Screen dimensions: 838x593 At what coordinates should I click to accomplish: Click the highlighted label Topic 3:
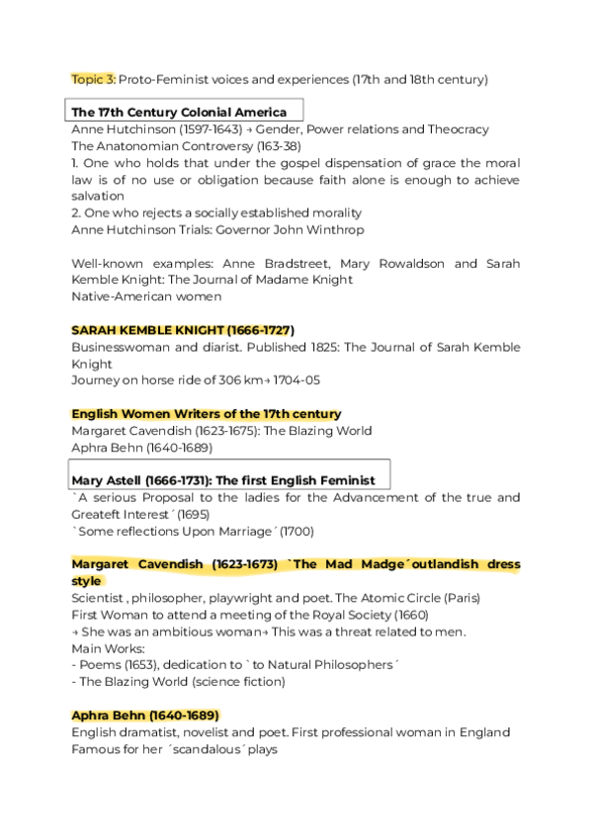click(93, 78)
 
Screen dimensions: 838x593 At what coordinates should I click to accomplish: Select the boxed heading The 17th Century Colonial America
click(179, 112)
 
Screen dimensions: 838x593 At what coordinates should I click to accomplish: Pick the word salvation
click(99, 197)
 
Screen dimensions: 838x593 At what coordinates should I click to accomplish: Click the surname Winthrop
click(332, 229)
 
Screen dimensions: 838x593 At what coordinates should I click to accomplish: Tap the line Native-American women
click(146, 296)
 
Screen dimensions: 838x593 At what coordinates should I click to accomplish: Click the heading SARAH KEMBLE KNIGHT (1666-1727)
click(183, 330)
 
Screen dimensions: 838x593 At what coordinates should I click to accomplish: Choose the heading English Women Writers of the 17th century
click(207, 413)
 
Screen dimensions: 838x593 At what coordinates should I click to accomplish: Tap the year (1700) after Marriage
click(296, 531)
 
